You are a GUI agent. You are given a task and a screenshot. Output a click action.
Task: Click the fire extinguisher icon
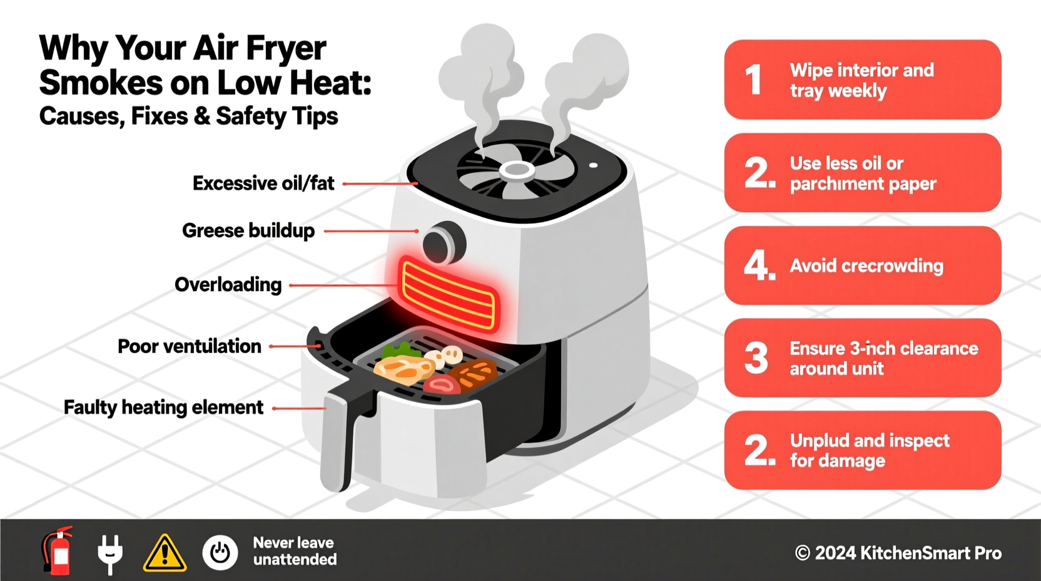(58, 550)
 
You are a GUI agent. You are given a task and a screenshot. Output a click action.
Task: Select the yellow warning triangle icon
(165, 553)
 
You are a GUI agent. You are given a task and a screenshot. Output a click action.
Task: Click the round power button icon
(220, 553)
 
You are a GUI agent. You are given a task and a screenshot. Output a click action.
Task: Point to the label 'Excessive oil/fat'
(263, 183)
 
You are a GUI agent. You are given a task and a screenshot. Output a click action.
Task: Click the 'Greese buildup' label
(248, 230)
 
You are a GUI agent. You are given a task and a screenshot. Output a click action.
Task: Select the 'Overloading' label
(228, 285)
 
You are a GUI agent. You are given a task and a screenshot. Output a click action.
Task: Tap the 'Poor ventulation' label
(189, 346)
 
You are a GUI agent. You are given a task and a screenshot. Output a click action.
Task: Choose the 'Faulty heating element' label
(163, 408)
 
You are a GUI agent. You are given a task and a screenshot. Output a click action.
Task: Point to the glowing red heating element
(449, 294)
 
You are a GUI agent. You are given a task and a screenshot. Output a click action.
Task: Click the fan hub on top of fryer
(516, 170)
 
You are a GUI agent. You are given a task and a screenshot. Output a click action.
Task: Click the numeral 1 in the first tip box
(754, 80)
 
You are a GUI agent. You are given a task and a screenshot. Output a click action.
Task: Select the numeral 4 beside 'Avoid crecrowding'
(759, 265)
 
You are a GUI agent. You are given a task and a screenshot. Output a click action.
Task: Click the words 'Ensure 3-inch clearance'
(883, 348)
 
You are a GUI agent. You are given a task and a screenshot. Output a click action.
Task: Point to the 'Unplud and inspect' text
(869, 441)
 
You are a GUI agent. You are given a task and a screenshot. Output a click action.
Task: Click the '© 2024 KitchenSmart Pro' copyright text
(898, 553)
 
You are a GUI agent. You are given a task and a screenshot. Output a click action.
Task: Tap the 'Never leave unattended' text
(294, 551)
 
